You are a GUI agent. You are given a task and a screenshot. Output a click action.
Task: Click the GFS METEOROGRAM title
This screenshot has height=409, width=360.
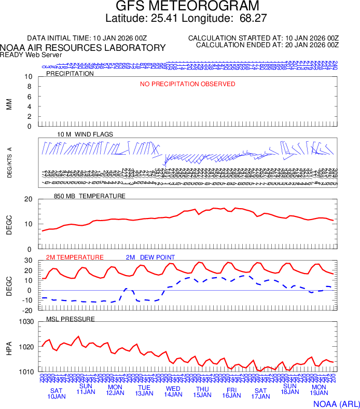pyautogui.click(x=187, y=7)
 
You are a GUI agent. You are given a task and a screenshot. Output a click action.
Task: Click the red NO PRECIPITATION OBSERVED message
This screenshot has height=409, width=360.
pyautogui.click(x=187, y=84)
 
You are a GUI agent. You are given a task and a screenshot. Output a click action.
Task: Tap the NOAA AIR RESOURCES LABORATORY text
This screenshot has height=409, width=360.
pyautogui.click(x=83, y=48)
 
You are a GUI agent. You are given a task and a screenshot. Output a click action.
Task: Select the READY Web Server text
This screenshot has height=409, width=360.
pyautogui.click(x=31, y=54)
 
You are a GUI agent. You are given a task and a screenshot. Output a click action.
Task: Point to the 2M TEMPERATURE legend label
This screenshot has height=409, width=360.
pyautogui.click(x=75, y=257)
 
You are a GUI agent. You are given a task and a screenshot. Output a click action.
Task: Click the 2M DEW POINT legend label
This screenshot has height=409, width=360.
pyautogui.click(x=150, y=257)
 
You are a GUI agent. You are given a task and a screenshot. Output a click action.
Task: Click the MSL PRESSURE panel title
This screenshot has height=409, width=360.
pyautogui.click(x=71, y=319)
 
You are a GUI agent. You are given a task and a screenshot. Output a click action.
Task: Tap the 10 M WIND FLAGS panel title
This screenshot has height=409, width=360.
pyautogui.click(x=85, y=134)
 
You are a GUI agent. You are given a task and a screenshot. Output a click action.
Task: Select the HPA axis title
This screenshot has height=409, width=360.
pyautogui.click(x=9, y=347)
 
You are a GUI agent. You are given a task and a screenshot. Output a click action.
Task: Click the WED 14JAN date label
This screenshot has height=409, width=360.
pyautogui.click(x=173, y=392)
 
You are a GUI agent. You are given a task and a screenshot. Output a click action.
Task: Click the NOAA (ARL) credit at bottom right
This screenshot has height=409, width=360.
pyautogui.click(x=336, y=403)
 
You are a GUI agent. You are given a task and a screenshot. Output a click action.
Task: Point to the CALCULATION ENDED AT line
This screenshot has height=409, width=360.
pyautogui.click(x=267, y=45)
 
